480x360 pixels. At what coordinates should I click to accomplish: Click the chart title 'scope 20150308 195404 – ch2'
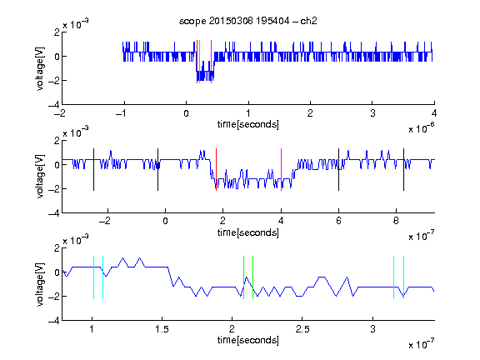248,21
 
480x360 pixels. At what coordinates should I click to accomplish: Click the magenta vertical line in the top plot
211,62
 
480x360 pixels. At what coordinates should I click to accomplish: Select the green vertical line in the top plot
200,62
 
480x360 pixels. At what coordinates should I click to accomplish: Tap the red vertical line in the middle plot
216,170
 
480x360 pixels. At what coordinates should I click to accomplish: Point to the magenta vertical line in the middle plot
281,170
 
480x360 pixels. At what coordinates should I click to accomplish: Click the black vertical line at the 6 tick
338,170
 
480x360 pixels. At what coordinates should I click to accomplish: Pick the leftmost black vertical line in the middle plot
93,170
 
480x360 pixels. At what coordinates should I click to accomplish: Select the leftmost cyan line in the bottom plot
93,277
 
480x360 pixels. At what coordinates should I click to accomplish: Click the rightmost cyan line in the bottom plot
404,277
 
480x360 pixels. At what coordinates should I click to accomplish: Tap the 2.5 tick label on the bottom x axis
302,329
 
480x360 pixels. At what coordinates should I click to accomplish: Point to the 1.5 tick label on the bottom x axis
162,329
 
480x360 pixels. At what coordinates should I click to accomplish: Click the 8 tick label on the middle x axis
396,221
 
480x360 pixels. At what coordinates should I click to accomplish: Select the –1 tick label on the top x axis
122,113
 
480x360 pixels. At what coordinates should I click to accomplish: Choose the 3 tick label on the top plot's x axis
372,113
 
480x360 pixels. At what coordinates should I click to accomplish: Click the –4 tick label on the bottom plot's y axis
54,320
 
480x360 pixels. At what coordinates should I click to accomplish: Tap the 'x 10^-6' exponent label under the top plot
422,128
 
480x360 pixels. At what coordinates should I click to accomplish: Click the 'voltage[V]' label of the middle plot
40,176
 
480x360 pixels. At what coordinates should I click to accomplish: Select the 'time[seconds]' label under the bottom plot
248,340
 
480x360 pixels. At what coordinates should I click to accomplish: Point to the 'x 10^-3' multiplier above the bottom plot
76,240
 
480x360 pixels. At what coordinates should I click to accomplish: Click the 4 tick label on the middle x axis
281,221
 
